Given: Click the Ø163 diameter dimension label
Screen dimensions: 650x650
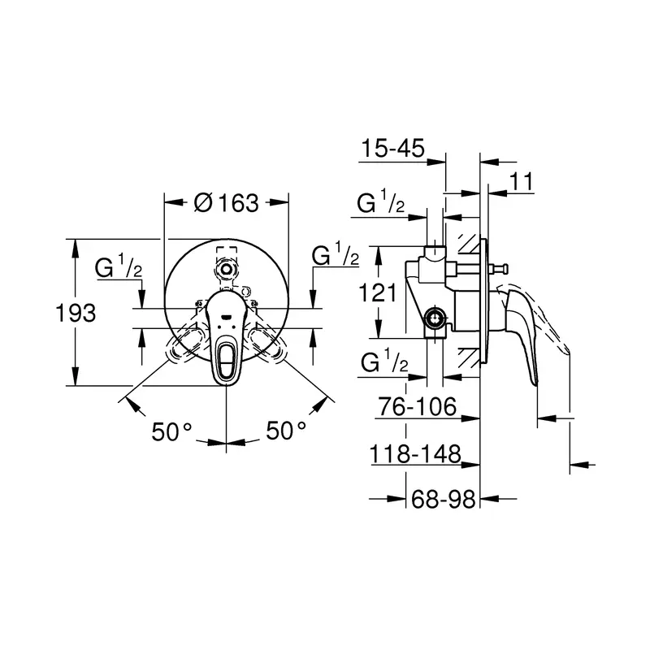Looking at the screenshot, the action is (227, 202).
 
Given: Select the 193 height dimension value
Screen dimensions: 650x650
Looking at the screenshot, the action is (76, 313).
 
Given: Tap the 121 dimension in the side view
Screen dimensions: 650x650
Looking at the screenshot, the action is (378, 292).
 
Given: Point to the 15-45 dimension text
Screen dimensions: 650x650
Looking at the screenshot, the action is (393, 148).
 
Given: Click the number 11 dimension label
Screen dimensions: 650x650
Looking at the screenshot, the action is (521, 181).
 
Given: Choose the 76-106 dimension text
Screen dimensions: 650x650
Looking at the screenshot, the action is (418, 406).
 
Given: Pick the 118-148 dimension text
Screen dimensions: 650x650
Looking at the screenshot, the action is (415, 453).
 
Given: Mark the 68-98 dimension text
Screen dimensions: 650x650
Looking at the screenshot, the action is (443, 499).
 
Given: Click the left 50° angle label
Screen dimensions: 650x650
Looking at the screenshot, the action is (171, 431).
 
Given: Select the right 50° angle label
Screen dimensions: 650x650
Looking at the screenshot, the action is (286, 431).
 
